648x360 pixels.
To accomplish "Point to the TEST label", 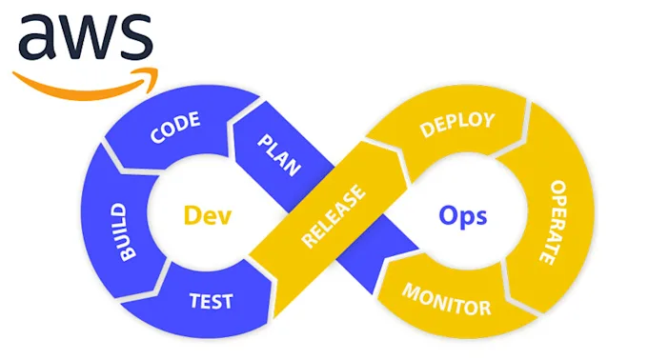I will (x=212, y=301).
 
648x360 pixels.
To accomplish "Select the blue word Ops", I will (x=463, y=215).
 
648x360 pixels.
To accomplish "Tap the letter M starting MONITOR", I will (x=408, y=290).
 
